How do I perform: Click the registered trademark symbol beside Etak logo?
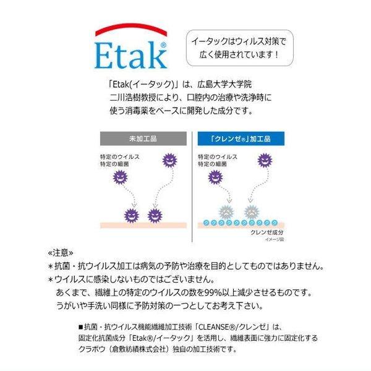point(163,45)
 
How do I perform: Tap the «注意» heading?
point(61,254)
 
